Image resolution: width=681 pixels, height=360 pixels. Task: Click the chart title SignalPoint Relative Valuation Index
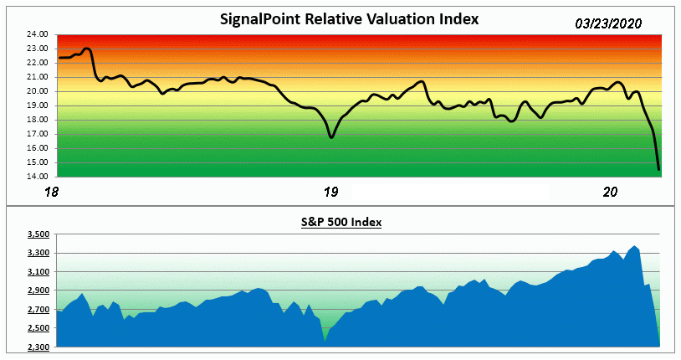pyautogui.click(x=349, y=19)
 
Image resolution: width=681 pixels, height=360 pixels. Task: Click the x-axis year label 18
pyautogui.click(x=52, y=193)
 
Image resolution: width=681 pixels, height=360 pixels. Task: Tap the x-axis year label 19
pyautogui.click(x=331, y=193)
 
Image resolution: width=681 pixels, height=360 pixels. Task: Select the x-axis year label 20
pyautogui.click(x=611, y=193)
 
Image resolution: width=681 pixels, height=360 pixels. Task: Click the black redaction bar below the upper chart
pyautogui.click(x=450, y=192)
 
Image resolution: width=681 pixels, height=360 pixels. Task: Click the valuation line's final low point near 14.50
pyautogui.click(x=659, y=169)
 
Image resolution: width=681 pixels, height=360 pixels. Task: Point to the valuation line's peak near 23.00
pyautogui.click(x=88, y=49)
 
